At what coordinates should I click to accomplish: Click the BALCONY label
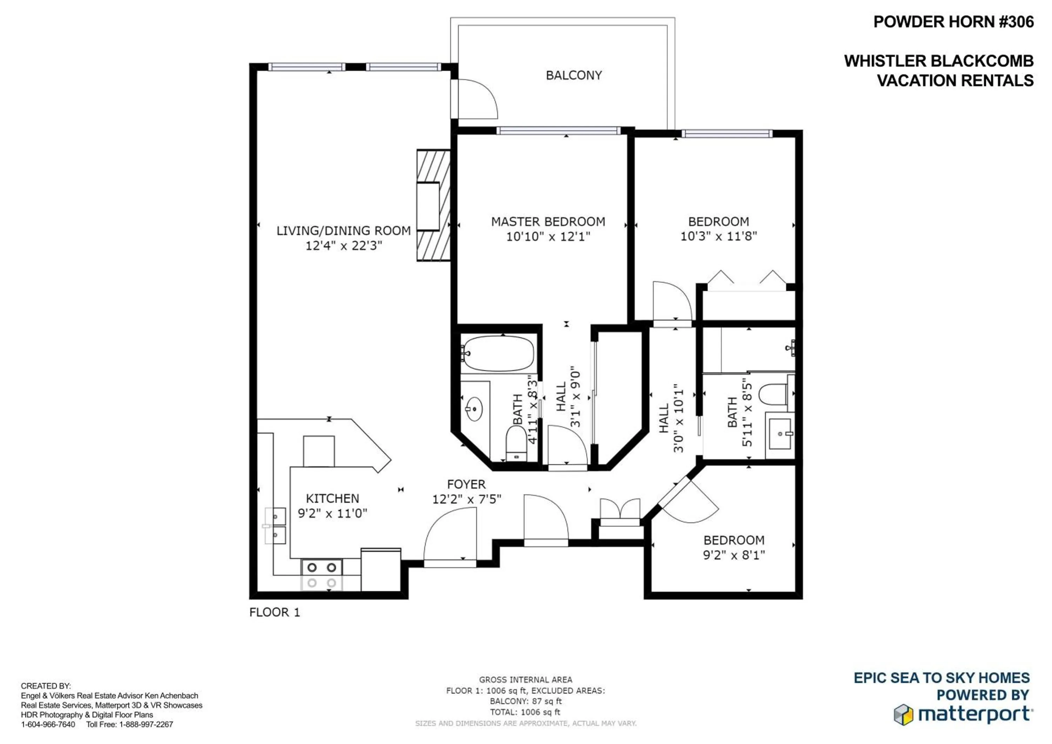[574, 75]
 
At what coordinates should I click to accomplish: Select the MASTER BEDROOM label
[548, 222]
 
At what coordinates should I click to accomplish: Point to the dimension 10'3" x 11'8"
[719, 236]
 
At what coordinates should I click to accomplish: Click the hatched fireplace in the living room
[433, 205]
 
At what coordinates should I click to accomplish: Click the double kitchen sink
[275, 526]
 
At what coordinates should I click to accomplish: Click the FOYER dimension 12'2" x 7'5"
[466, 499]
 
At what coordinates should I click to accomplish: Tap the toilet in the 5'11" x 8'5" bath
[773, 394]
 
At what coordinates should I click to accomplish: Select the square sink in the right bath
[780, 433]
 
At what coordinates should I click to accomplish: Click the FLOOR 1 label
[275, 613]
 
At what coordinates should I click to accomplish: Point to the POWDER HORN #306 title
[953, 22]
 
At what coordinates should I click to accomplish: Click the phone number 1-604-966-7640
[48, 724]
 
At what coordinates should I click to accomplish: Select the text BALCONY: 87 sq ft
[526, 701]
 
